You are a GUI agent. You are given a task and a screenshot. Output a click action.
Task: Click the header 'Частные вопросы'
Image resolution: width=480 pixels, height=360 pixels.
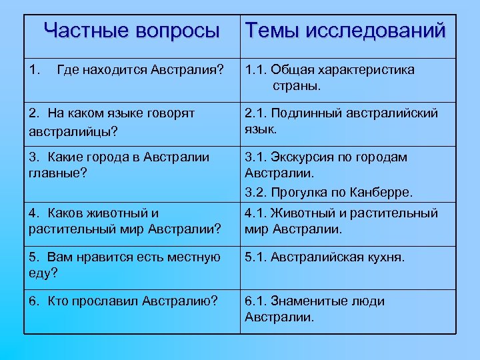click(131, 31)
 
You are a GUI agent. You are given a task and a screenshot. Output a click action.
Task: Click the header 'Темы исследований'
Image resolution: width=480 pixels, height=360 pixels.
click(345, 31)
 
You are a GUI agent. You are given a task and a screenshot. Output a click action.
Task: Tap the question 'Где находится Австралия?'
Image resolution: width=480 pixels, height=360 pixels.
click(141, 70)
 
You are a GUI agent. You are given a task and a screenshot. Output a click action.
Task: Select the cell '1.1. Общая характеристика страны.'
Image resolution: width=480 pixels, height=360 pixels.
click(329, 78)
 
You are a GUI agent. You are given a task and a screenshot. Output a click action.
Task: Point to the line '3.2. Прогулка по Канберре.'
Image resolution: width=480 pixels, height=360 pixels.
click(329, 193)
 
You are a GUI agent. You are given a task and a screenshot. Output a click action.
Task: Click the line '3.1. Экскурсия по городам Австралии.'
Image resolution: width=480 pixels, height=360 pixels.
click(326, 165)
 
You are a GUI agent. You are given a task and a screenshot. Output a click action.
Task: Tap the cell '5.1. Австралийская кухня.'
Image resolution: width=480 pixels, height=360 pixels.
click(325, 257)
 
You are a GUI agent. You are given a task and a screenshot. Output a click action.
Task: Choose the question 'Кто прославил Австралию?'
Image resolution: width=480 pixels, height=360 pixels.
click(123, 301)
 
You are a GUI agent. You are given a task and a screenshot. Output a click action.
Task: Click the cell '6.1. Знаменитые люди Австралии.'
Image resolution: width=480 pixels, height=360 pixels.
click(315, 309)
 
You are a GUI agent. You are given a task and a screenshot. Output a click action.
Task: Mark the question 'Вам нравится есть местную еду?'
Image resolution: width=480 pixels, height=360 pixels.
click(125, 265)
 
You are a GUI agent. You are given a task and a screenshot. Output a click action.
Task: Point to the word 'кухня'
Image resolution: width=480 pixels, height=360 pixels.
click(383, 257)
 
